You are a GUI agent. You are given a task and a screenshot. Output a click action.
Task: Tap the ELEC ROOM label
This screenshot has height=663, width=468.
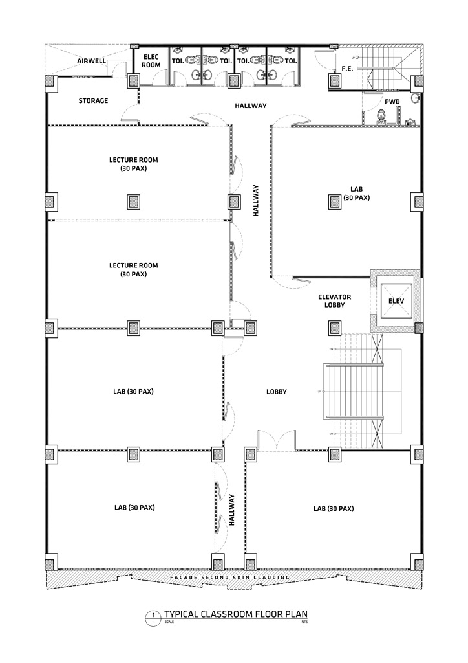click(x=151, y=60)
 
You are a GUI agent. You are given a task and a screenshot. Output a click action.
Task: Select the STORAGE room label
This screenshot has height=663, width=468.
click(x=93, y=101)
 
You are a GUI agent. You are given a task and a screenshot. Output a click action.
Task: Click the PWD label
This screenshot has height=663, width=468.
click(x=392, y=102)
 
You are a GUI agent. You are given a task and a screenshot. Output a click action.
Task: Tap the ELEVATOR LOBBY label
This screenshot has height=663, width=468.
click(x=334, y=301)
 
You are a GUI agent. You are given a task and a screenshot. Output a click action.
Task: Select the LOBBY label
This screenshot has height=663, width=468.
click(x=276, y=392)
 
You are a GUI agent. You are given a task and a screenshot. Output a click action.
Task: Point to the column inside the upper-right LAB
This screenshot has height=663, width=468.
click(x=335, y=201)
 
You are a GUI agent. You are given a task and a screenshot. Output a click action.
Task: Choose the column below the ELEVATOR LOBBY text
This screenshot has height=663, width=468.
click(x=335, y=328)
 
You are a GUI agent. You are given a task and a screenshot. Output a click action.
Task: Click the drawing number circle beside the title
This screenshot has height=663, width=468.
click(x=153, y=616)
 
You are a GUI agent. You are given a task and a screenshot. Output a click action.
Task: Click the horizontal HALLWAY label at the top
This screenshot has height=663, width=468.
click(x=251, y=106)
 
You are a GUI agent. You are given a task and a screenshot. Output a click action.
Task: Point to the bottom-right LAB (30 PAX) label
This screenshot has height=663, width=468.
click(x=334, y=508)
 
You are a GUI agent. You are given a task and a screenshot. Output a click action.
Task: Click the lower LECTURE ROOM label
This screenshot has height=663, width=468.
click(x=133, y=269)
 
